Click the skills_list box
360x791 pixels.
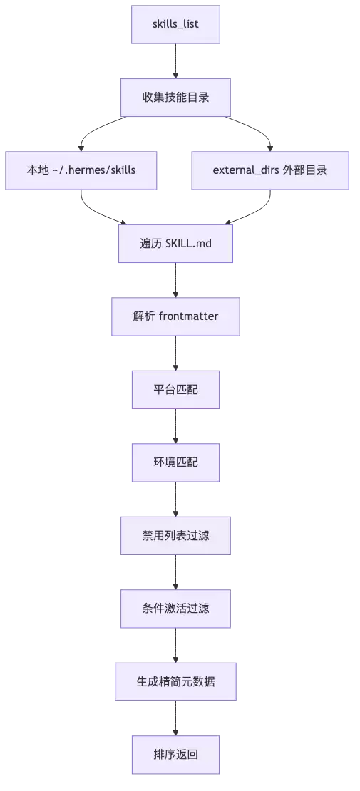coord(175,24)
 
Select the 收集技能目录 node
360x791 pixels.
coord(175,98)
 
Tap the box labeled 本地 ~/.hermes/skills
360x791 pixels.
coord(81,170)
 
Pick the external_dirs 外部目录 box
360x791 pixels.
coord(270,170)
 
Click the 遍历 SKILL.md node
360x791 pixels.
coord(175,244)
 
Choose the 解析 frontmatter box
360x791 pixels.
coord(175,316)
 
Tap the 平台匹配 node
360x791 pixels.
coord(175,390)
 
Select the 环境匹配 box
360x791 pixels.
coord(175,462)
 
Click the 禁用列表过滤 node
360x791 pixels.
coord(175,536)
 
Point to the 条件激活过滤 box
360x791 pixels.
coord(175,609)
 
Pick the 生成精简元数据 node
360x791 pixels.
coord(175,681)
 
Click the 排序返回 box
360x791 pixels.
coord(175,755)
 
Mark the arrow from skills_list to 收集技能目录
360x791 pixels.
coord(175,61)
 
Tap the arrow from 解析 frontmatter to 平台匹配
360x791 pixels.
coord(175,353)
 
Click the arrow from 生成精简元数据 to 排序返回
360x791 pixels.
coord(175,718)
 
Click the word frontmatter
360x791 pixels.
coord(188,316)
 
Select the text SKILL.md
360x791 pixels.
coord(188,244)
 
